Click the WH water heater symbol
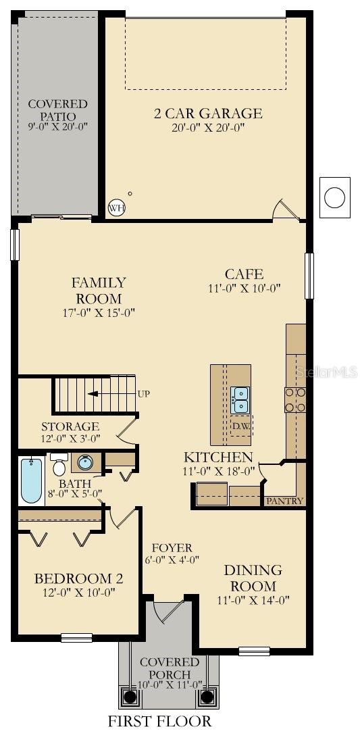[x=117, y=207]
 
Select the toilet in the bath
[x=59, y=466]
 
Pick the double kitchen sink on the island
[x=240, y=400]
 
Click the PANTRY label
[x=284, y=501]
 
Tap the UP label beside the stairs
[x=144, y=393]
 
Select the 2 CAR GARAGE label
[x=207, y=114]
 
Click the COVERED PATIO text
[x=57, y=109]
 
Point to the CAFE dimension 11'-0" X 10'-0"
[x=244, y=287]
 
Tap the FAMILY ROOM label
[x=99, y=290]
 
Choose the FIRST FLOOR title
[x=159, y=721]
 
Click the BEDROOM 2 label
[x=78, y=578]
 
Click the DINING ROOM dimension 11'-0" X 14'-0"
[x=244, y=600]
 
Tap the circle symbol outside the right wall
[x=334, y=197]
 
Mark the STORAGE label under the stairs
[x=70, y=426]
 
